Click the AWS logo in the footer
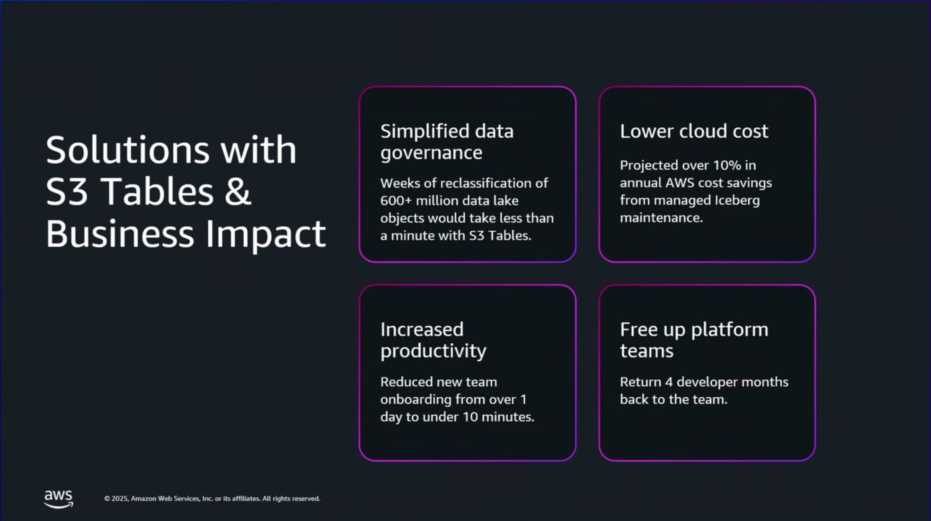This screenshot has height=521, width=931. (58, 499)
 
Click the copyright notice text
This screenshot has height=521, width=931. (212, 498)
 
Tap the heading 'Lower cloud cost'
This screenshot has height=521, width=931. (694, 131)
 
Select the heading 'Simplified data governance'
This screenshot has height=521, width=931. (447, 142)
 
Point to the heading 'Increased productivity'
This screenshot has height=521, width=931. (433, 340)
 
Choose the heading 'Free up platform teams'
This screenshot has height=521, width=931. (694, 340)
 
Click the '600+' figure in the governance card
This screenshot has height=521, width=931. (396, 201)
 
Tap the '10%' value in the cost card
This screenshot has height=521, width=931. (727, 165)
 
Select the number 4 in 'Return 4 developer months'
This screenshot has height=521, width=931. (669, 382)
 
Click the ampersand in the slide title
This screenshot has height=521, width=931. (238, 191)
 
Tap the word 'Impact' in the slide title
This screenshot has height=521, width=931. (266, 234)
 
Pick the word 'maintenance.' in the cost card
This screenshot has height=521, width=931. (661, 218)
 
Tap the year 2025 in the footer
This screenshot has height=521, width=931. (119, 498)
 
